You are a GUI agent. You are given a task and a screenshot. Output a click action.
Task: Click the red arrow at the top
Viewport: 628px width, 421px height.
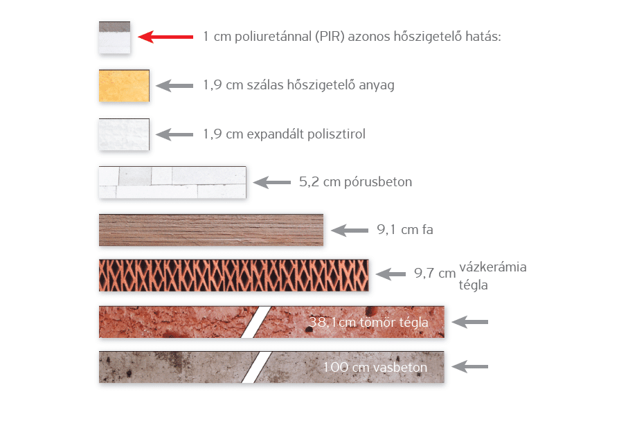[x=165, y=37]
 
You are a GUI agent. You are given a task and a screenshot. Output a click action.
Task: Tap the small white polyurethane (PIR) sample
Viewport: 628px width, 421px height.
[x=114, y=38]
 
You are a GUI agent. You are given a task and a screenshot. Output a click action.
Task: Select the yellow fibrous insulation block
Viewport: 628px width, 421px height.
[x=124, y=86]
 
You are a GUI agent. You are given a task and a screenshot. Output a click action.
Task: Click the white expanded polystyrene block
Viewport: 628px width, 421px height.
[x=124, y=134]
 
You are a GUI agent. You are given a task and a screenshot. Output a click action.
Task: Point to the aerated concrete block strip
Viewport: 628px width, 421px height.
[x=172, y=183]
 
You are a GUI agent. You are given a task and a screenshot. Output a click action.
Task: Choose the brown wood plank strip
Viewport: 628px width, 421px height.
[x=211, y=230]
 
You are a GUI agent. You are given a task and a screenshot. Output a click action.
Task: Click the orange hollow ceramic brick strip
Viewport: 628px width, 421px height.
[x=233, y=275]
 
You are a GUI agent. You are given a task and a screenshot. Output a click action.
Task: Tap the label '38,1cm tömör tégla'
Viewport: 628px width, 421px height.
[x=368, y=322]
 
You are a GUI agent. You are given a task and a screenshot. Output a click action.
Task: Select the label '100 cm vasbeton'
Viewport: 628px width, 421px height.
[x=374, y=367]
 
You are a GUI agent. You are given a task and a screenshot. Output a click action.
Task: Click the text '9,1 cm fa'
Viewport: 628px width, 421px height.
[x=405, y=230]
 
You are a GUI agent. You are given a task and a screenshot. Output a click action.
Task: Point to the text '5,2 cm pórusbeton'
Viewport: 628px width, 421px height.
[x=355, y=183]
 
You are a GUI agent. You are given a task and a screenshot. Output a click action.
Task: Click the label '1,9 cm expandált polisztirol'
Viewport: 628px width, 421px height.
[x=284, y=134]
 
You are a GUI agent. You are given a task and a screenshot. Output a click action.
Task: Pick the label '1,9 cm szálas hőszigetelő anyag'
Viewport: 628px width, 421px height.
[x=298, y=86]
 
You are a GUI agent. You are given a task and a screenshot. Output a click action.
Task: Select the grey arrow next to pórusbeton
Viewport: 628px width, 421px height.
[x=271, y=183]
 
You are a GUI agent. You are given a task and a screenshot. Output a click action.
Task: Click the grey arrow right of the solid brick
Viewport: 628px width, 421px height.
[x=470, y=322]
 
